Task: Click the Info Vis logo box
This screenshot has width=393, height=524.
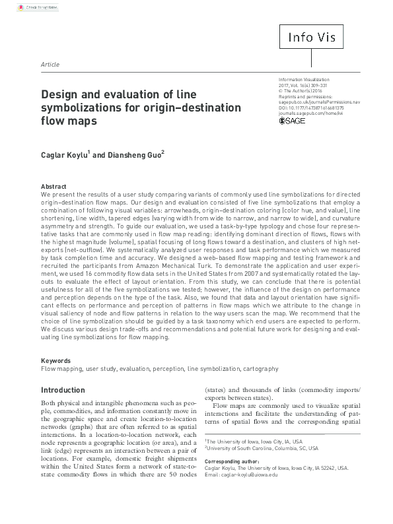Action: [320, 36]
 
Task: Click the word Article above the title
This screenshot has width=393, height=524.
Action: [50, 65]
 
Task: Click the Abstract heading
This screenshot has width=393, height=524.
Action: [54, 187]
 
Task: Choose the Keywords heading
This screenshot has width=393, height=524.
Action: [55, 361]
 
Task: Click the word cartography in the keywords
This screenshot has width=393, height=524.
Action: [260, 369]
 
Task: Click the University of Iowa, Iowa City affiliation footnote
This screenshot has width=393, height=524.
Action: [254, 441]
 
